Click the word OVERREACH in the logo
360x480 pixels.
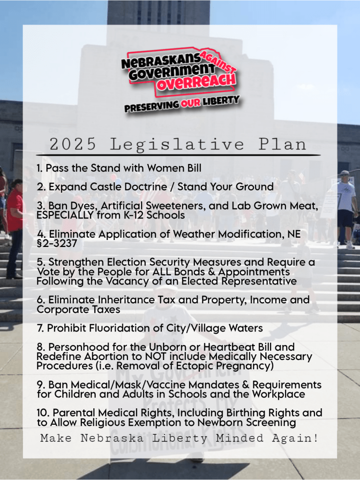point(196,83)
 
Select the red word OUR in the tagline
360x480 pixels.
point(191,103)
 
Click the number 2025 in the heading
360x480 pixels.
point(73,144)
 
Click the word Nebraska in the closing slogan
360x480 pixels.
point(109,439)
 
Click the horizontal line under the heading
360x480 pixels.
point(178,155)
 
